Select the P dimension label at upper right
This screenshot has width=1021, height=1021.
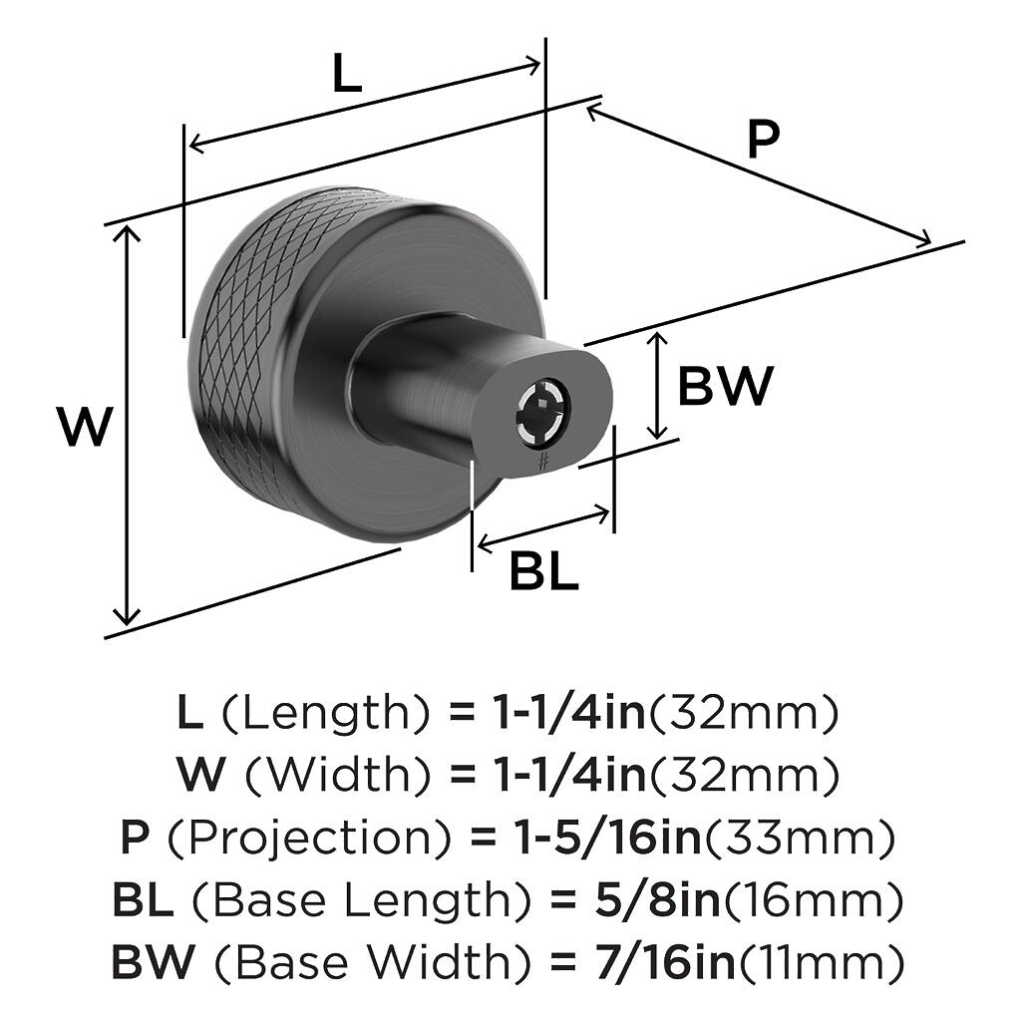[x=763, y=141]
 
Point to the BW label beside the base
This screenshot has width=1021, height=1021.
[x=725, y=387]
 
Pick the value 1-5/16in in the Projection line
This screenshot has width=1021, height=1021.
[x=592, y=840]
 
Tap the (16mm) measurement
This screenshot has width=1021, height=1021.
[x=814, y=901]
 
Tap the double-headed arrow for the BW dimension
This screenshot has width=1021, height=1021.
[x=656, y=387]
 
